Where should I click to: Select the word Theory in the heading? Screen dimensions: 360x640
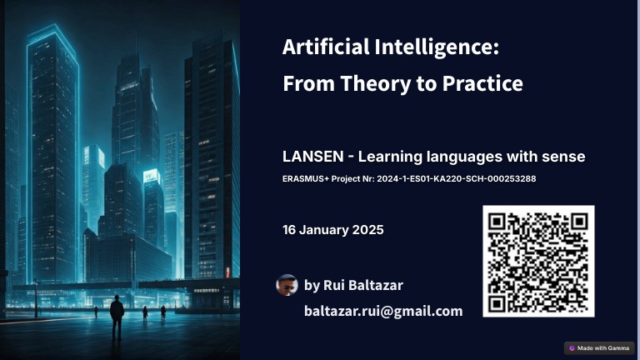point(363,83)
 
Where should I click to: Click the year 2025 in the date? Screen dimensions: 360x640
point(367,229)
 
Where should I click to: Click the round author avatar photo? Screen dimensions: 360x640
point(287,285)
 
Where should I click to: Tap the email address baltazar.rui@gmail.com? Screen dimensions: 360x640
point(383,311)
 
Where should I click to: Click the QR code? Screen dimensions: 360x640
point(538,261)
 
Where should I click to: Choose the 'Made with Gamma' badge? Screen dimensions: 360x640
point(599,347)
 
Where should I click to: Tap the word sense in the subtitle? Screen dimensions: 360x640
point(567,157)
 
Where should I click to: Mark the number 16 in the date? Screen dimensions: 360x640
point(290,229)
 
